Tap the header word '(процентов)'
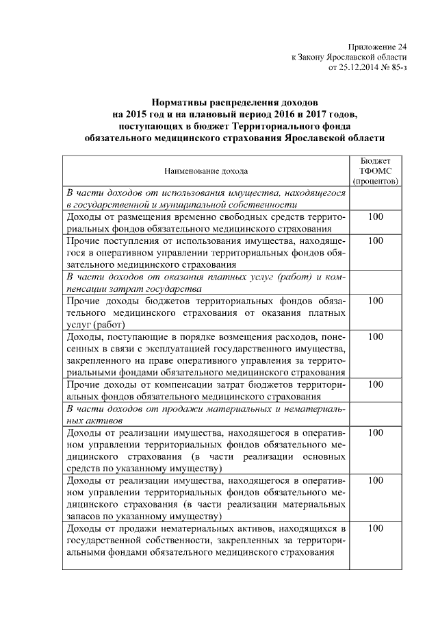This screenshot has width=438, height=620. pos(376,181)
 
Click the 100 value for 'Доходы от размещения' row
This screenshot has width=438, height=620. pos(376,217)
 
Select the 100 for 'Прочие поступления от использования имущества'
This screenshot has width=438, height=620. pos(376,241)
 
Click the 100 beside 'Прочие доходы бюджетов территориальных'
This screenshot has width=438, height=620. pos(376,301)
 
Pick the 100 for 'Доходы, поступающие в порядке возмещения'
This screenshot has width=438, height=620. pos(376,336)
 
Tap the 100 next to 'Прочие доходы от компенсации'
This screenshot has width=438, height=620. pos(376,384)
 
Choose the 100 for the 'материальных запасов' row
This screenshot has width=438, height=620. pos(376,480)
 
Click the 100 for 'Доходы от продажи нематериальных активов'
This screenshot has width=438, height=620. pos(376,528)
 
